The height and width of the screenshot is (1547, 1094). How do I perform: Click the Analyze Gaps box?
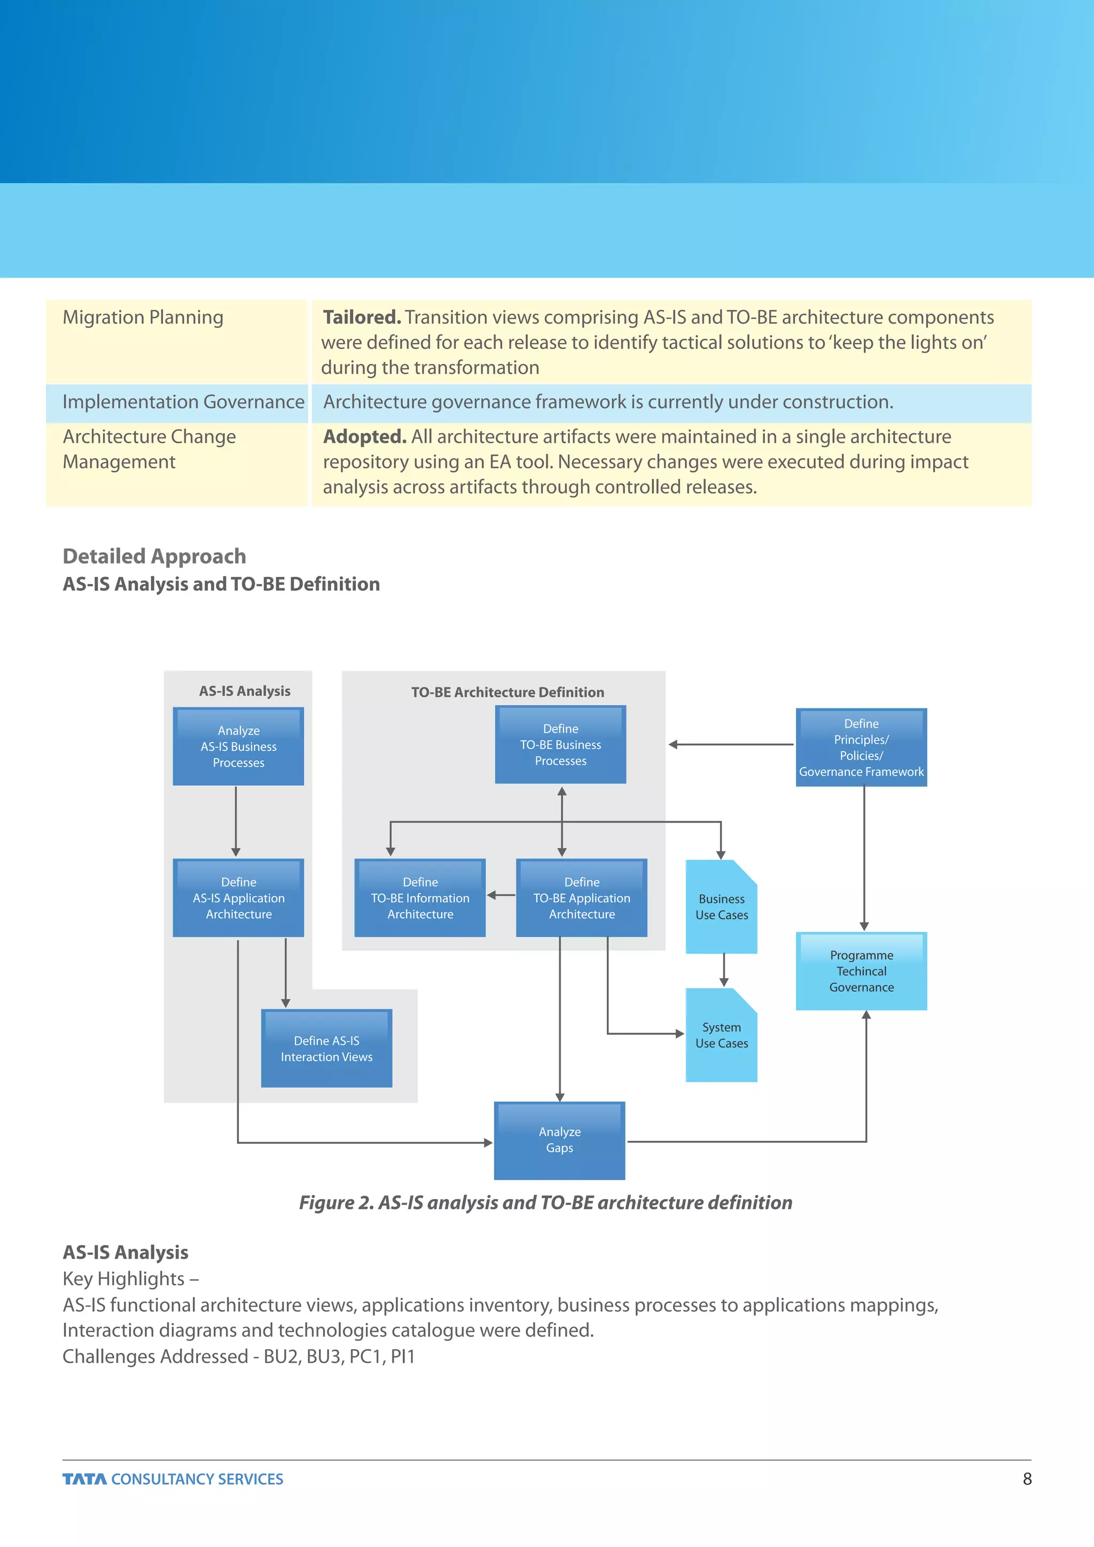[559, 1140]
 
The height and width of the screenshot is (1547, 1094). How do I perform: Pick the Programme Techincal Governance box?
[861, 971]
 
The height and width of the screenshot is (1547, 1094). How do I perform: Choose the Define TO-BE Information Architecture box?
[420, 897]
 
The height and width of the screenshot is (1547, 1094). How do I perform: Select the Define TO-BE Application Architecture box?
[581, 897]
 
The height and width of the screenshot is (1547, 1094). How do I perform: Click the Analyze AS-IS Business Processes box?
[238, 746]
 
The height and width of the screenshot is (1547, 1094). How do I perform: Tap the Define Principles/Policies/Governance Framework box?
[861, 747]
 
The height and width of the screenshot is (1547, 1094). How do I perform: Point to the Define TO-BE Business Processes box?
[560, 745]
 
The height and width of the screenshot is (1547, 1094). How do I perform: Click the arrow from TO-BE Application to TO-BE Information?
[501, 895]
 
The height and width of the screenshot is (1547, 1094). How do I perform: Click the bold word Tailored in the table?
[362, 317]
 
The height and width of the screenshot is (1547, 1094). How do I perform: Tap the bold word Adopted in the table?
[364, 436]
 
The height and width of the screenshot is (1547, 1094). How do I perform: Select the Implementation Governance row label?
[183, 402]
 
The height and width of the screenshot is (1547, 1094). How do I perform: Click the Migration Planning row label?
[143, 317]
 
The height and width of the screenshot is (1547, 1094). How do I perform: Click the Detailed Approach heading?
[154, 556]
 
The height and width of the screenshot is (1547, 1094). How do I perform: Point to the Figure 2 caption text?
[545, 1202]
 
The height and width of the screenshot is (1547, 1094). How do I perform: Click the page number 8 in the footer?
[1027, 1479]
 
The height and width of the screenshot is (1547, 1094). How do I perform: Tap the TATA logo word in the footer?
[84, 1479]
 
